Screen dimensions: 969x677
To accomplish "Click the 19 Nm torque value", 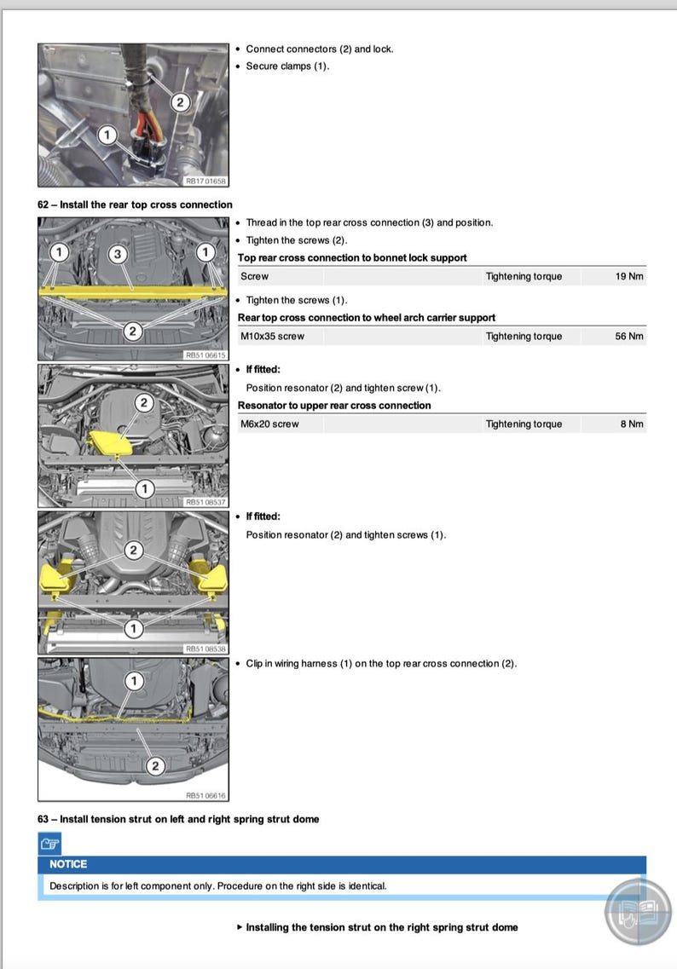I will [629, 276].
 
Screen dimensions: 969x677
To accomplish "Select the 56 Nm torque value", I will [629, 336].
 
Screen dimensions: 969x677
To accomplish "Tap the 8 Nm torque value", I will [632, 424].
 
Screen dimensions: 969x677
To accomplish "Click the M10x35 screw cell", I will [272, 336].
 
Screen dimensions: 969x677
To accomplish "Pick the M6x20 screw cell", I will [269, 424].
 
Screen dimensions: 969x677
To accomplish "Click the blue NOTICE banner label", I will [68, 863].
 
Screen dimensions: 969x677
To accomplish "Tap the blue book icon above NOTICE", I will [50, 844].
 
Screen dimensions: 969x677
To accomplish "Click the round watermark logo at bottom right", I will [638, 911].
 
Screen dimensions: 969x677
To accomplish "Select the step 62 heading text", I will [135, 205].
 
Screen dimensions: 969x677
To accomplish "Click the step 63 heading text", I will [178, 819].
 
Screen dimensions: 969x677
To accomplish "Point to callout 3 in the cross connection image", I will [119, 253].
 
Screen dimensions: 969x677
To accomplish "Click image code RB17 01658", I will [205, 181].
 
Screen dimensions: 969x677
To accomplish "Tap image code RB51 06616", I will [205, 795].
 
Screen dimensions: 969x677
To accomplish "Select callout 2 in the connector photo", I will [180, 102].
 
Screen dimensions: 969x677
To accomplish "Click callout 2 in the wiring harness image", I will [154, 765].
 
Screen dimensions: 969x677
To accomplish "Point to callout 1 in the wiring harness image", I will [133, 681].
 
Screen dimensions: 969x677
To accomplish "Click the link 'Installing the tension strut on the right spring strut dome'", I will [381, 927].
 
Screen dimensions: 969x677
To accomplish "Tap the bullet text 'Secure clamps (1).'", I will [287, 66].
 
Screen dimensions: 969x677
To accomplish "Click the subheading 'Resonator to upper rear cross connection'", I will [334, 405].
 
